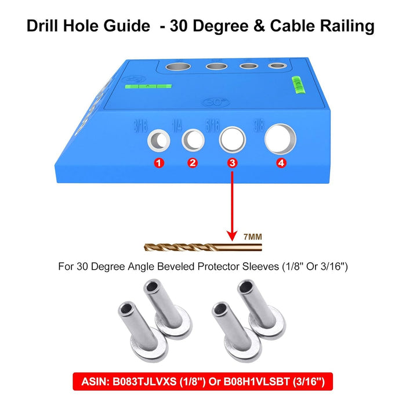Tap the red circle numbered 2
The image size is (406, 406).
pos(193,163)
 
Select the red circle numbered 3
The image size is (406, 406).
pos(233,163)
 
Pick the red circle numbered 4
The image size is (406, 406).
pos(281,163)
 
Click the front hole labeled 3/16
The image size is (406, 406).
pos(158,140)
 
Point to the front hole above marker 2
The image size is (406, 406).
pos(193,140)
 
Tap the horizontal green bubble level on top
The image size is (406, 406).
pos(148,86)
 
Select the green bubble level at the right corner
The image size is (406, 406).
pos(296,85)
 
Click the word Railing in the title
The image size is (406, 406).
pos(346,26)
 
